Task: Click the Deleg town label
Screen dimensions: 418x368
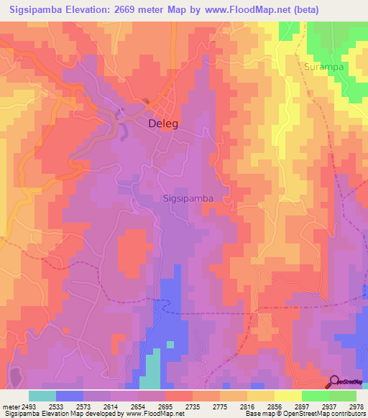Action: (162, 124)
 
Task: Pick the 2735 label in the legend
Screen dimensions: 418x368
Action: (193, 407)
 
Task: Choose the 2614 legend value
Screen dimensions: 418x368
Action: (111, 407)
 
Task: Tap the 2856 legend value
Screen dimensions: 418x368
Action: (274, 407)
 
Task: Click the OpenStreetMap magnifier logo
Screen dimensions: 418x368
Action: (334, 381)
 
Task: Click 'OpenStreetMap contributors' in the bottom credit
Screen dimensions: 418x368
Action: (328, 414)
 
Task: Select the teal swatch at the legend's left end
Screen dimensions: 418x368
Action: (42, 396)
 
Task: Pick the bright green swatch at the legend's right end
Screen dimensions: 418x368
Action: (342, 396)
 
